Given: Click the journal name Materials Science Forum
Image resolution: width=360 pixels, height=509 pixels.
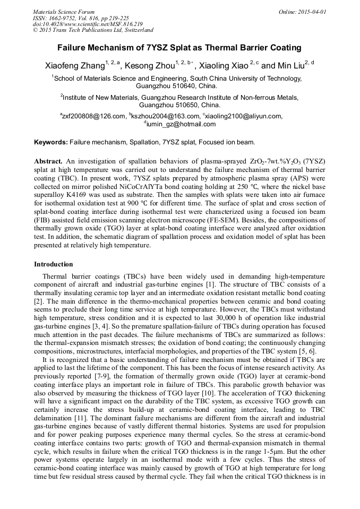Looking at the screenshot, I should coord(64,12).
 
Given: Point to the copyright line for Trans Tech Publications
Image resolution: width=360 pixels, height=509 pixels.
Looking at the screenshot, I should coord(93,30).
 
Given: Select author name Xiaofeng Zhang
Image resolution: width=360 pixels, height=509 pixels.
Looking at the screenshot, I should coord(74,66).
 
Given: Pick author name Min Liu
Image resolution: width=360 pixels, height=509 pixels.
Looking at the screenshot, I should coord(290,66).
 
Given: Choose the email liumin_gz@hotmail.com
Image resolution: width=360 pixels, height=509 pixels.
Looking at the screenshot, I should coord(181,124).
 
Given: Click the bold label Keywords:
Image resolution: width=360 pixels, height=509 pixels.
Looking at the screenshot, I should coord(51,142).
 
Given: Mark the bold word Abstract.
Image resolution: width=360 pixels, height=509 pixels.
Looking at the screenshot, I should coord(48,161).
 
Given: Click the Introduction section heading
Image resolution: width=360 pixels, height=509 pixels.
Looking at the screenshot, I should coord(54,264).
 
